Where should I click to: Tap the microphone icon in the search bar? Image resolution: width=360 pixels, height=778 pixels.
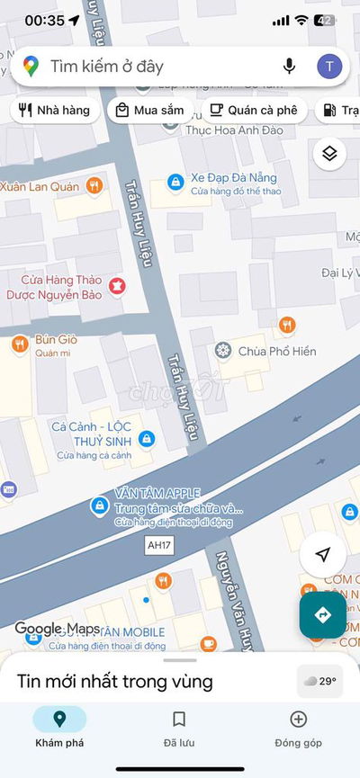(x=289, y=66)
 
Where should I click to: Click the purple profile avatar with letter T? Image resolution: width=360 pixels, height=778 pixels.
(x=329, y=66)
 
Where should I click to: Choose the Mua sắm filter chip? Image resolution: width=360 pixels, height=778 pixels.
(x=149, y=111)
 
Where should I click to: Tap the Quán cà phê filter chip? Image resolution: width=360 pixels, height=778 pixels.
(x=253, y=111)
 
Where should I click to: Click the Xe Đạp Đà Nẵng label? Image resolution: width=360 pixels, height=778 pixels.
(x=229, y=178)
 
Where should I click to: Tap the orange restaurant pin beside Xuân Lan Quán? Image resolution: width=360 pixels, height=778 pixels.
(x=94, y=186)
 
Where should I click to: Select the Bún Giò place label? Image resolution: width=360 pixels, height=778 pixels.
(x=55, y=340)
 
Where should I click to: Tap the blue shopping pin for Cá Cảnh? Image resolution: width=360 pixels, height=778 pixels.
(x=148, y=439)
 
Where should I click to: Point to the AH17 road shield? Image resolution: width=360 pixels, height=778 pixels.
(x=158, y=546)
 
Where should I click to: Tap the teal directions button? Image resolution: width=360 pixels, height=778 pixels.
(x=323, y=615)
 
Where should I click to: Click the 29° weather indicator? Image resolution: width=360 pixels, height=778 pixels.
(x=319, y=681)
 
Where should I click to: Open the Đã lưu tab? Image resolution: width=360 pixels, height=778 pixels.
(x=179, y=727)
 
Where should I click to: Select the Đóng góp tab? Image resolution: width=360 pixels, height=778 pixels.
(x=298, y=727)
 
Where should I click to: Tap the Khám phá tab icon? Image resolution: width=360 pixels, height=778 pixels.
(x=59, y=719)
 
